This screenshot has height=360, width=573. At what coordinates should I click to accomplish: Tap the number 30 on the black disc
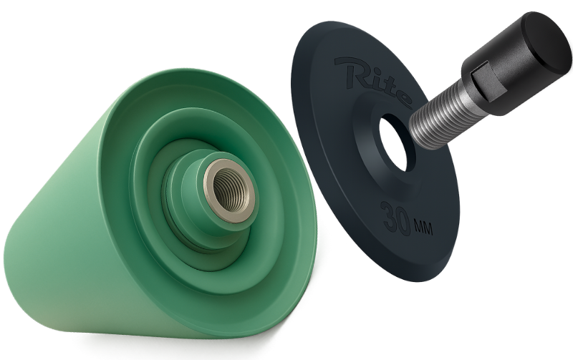(398, 218)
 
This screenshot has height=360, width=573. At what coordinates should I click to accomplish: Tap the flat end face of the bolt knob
(547, 41)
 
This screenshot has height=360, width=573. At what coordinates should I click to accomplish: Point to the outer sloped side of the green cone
(66, 205)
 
